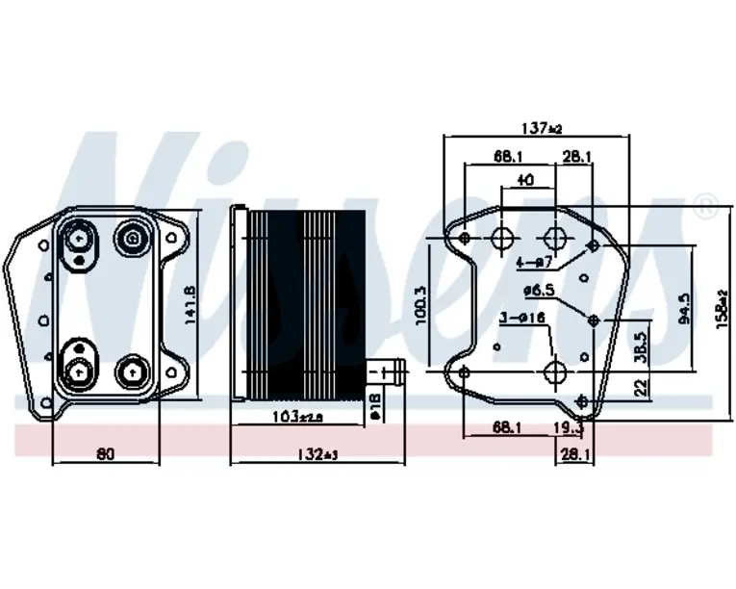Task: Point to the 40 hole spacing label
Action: [x=525, y=181]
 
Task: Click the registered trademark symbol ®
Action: [x=705, y=205]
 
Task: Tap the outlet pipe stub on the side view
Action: [x=386, y=369]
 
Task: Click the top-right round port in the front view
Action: [x=130, y=236]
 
